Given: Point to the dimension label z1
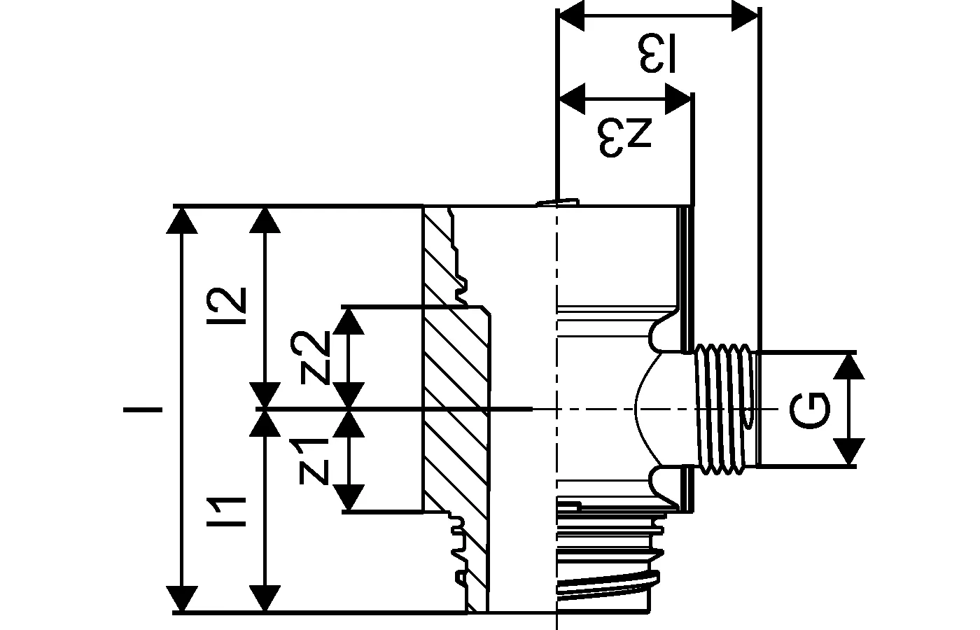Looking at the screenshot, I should pyautogui.click(x=313, y=461).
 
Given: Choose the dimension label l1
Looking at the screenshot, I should pyautogui.click(x=232, y=512).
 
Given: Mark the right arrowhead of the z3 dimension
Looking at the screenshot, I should pyautogui.click(x=678, y=98).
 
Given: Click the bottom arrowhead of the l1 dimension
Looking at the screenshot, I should pyautogui.click(x=265, y=598).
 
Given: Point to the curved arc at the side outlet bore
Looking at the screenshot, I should pyautogui.click(x=640, y=409).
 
